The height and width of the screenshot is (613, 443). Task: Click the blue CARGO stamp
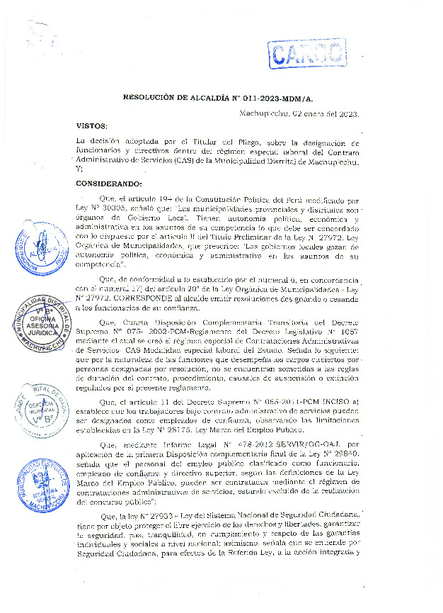[x=306, y=52]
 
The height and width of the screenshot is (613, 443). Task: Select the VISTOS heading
[x=93, y=125]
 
